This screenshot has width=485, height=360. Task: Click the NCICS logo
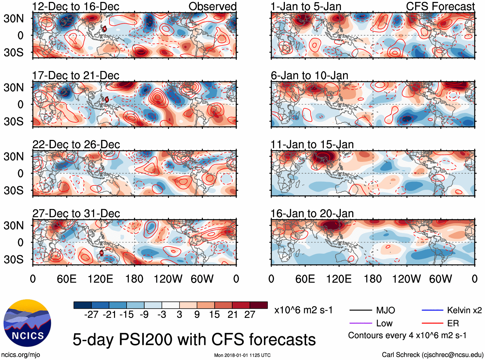pos(27,323)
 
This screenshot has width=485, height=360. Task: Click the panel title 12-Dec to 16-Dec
pos(75,6)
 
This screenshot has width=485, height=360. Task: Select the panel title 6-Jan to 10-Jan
pos(309,75)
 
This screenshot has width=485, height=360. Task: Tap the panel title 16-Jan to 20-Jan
pos(312,214)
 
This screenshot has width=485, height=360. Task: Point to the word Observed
pos(212,6)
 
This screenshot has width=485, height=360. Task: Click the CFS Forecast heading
pos(440,6)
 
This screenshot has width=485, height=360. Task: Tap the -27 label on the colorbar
pos(91,315)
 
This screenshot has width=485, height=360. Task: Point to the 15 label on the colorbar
pos(215,315)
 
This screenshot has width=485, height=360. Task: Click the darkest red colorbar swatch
pos(259,305)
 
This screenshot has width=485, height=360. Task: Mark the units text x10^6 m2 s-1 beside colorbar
pos(303,310)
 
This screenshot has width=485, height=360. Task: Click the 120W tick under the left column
pos(168,279)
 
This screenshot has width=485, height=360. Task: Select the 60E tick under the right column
pos(305,279)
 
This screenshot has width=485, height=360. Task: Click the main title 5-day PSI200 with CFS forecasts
pos(194,339)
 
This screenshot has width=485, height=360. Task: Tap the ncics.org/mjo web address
pos(21,355)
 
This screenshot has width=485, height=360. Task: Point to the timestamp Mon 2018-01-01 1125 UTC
pos(242,355)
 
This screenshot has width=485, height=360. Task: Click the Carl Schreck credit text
pos(432,355)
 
